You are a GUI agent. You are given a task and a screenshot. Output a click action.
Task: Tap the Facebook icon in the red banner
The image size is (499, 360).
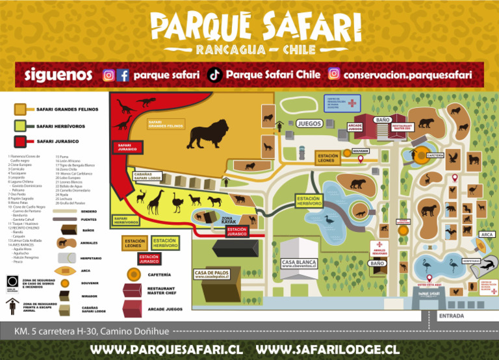[x=123, y=75]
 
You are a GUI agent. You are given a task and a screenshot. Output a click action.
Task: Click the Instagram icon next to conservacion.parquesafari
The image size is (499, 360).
[x=334, y=74]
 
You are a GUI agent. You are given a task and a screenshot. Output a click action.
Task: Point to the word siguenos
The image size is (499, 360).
[x=58, y=75]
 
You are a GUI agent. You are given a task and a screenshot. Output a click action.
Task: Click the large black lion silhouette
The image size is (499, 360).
[x=207, y=134]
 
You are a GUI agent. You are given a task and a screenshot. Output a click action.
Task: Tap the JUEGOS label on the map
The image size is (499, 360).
[x=309, y=123]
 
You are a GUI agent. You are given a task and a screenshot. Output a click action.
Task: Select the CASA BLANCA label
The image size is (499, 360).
[x=298, y=263]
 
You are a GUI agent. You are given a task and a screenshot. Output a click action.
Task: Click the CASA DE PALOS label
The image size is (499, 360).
[x=211, y=272]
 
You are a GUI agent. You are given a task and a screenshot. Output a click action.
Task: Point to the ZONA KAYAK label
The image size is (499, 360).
[x=229, y=220]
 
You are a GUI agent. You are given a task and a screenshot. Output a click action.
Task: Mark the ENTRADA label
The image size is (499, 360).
[x=452, y=316]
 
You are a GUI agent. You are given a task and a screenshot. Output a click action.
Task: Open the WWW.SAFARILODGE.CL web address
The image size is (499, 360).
[x=328, y=349]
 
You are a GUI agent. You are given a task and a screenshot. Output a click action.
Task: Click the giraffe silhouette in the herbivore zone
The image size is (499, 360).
[x=154, y=201]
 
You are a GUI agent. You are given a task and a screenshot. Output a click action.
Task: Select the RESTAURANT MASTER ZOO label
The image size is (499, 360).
[x=402, y=127]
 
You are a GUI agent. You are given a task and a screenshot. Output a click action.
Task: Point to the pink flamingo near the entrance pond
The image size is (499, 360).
[x=427, y=266]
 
